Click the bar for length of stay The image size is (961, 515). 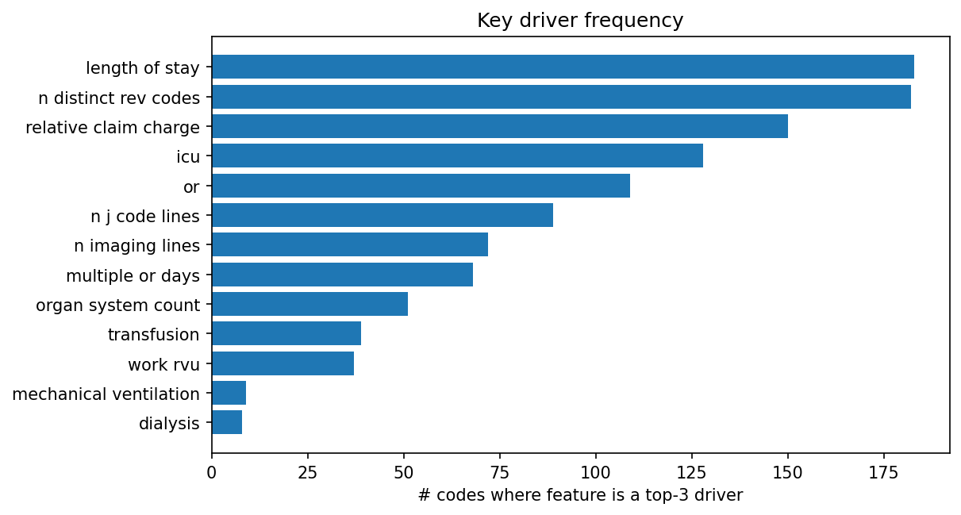point(563,67)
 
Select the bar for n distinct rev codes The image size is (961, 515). point(561,97)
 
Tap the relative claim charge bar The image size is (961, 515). point(500,126)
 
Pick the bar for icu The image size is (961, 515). point(457,156)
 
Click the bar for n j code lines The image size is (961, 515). point(382,215)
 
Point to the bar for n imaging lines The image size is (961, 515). point(350,244)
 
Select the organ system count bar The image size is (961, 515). point(309,304)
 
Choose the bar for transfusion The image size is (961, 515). point(286,333)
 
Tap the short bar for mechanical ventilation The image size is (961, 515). point(229,393)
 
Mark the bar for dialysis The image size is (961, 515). point(227,423)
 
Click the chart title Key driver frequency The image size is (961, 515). point(580,21)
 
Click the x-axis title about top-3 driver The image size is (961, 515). point(580,496)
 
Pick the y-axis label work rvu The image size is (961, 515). point(163,364)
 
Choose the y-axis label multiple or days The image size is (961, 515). point(133,275)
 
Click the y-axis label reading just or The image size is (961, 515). point(191,186)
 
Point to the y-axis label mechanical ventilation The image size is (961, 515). point(106,394)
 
